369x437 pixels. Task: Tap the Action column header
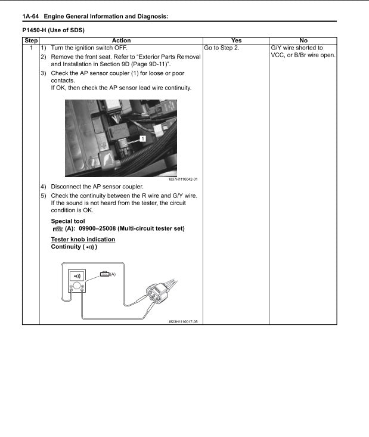click(121, 41)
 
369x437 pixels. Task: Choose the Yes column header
click(236, 41)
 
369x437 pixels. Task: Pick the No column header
click(303, 41)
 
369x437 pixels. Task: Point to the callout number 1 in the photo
click(143, 138)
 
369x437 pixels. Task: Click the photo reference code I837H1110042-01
click(179, 179)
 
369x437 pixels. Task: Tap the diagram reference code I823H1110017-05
click(182, 321)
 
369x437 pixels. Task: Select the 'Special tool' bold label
click(68, 221)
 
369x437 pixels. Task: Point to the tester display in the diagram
click(77, 275)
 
